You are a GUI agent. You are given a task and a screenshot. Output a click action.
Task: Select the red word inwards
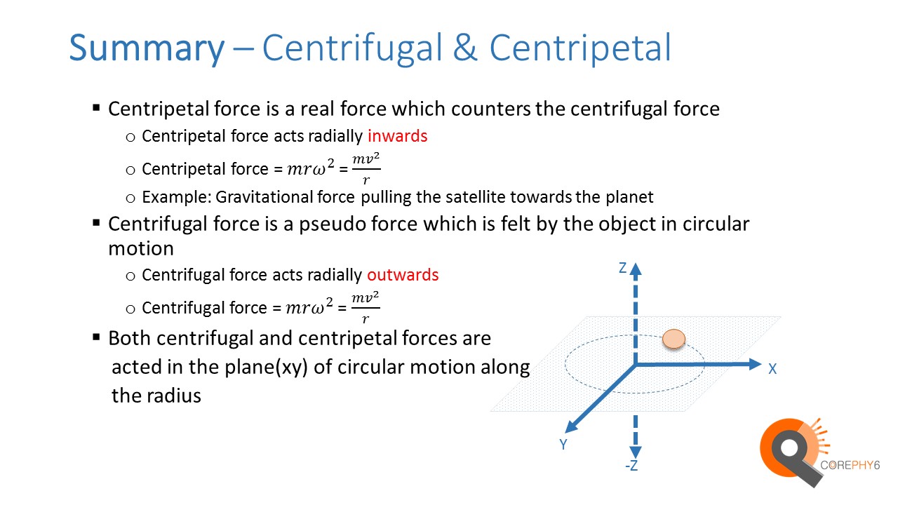pyautogui.click(x=397, y=136)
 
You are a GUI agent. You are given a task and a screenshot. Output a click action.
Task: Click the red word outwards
pyautogui.click(x=403, y=275)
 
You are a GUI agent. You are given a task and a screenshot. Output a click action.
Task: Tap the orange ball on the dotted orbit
pyautogui.click(x=673, y=339)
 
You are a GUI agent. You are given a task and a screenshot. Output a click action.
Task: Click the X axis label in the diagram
pyautogui.click(x=772, y=369)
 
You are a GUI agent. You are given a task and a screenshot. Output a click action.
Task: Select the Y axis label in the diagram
pyautogui.click(x=563, y=445)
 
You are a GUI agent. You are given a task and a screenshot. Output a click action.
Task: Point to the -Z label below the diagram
pyautogui.click(x=631, y=466)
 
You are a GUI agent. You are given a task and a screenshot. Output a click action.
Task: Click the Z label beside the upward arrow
pyautogui.click(x=622, y=268)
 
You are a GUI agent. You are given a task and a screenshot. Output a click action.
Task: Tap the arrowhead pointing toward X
pyautogui.click(x=755, y=363)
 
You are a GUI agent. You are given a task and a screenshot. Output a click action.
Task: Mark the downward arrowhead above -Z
pyautogui.click(x=636, y=452)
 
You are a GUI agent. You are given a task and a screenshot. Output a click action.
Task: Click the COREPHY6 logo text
pyautogui.click(x=850, y=466)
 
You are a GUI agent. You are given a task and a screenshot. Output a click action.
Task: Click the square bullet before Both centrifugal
pyautogui.click(x=96, y=338)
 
